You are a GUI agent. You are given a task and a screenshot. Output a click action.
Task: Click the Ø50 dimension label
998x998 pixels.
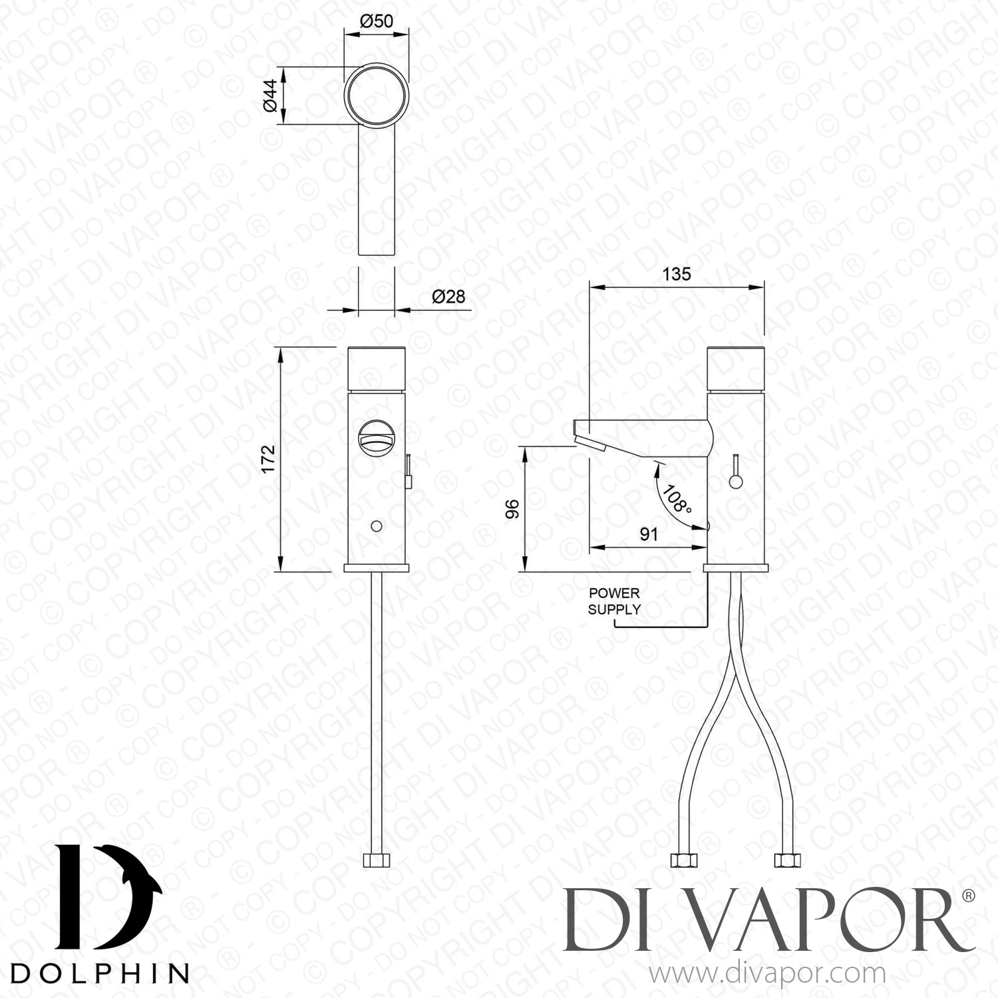tap(377, 21)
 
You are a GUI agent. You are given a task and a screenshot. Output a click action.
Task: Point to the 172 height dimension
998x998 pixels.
tap(267, 459)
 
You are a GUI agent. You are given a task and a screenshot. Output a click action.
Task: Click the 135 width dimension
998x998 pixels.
tap(677, 273)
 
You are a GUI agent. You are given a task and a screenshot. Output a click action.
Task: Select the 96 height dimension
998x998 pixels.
tap(512, 510)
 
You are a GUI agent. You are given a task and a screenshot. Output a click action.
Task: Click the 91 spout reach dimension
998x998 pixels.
tap(649, 534)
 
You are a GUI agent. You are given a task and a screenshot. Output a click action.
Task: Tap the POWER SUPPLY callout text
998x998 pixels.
tap(613, 601)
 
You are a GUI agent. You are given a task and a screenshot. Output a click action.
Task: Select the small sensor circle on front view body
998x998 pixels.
tap(377, 526)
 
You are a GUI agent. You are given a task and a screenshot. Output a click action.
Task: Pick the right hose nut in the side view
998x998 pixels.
tap(786, 860)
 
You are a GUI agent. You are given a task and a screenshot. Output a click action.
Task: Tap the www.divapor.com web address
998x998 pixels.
tap(766, 974)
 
